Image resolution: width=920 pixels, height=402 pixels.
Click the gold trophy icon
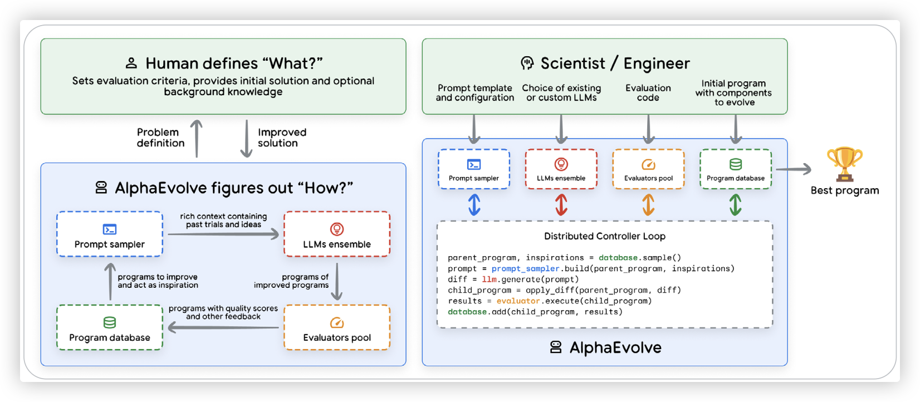844,164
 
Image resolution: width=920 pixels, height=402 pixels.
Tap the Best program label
844,190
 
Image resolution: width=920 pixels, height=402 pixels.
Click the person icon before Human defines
131,63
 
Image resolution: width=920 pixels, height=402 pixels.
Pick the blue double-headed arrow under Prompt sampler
474,204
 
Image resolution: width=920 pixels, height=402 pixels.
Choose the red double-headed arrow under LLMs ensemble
561,204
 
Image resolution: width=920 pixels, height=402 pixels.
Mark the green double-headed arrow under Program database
735,204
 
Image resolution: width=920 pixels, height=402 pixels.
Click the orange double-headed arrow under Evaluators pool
648,204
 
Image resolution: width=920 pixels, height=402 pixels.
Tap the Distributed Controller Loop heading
604,236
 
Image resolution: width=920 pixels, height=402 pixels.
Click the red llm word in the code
489,280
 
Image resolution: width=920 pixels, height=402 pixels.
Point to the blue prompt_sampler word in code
525,269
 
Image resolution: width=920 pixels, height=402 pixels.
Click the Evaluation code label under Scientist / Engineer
648,92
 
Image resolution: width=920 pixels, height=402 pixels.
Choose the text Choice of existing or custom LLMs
561,92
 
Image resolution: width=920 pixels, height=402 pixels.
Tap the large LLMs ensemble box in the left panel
337,234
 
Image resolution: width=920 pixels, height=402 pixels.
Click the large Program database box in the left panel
110,327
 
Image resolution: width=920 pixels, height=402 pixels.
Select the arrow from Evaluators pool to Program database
223,327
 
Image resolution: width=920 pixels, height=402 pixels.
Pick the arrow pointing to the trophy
793,169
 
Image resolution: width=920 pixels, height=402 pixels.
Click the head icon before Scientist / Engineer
527,63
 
